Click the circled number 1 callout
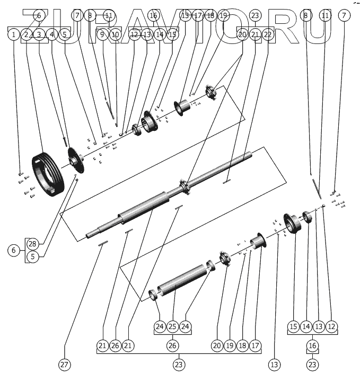13,35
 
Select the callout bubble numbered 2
27,35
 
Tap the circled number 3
39,35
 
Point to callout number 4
52,35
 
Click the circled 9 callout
102,35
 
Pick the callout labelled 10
115,35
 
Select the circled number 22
268,35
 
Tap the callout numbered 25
172,326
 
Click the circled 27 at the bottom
65,365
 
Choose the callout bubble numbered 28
32,244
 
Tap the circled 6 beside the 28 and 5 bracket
14,250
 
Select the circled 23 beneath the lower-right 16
312,365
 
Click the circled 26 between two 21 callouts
115,345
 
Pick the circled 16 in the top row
153,16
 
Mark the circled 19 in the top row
223,16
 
